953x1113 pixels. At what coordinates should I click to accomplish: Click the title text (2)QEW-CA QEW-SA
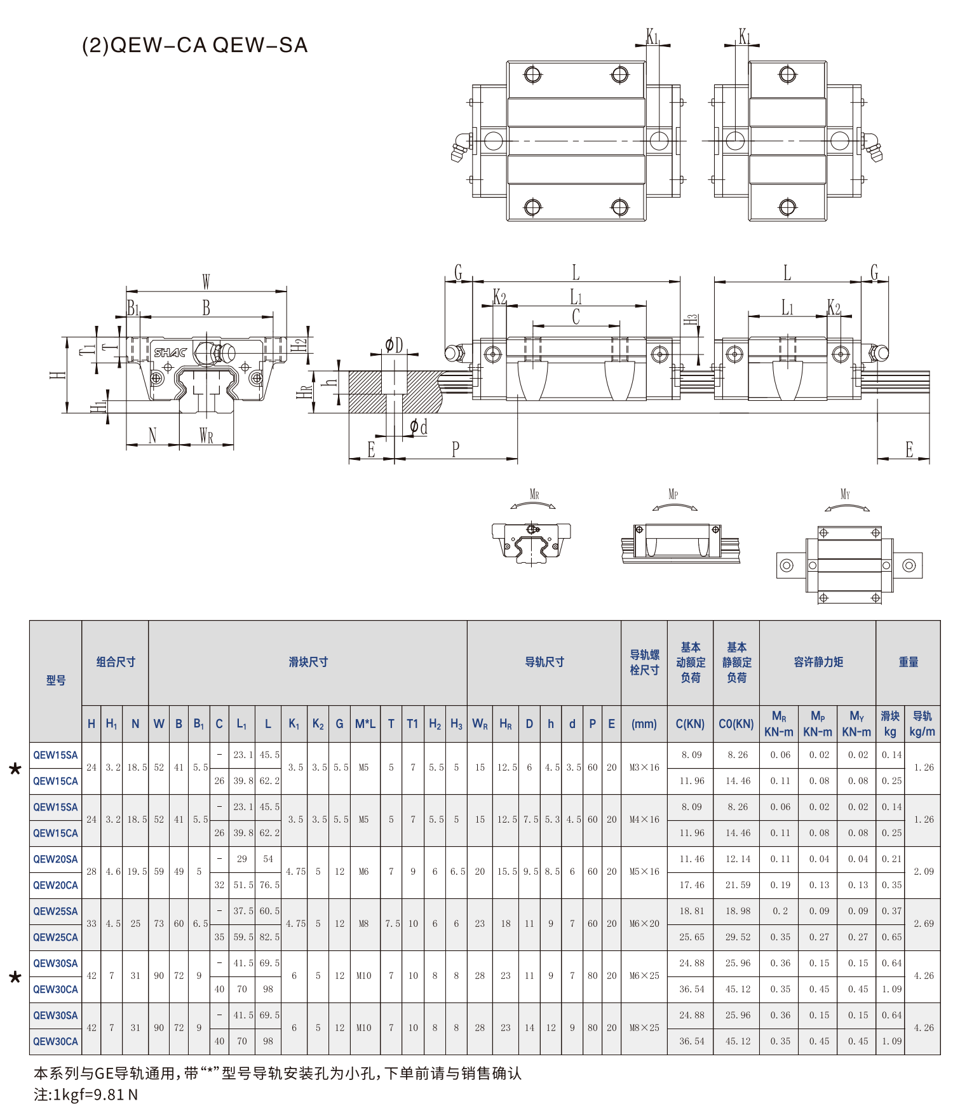click(x=195, y=45)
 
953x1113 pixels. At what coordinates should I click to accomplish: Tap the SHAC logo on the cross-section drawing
click(x=170, y=353)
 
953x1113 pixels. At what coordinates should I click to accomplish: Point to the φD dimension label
click(x=394, y=345)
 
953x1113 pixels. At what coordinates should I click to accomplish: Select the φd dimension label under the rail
click(x=419, y=427)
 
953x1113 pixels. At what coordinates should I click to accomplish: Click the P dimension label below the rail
click(x=456, y=450)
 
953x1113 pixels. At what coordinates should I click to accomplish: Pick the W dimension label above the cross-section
click(x=206, y=281)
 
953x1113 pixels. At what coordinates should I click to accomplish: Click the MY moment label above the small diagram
click(x=845, y=494)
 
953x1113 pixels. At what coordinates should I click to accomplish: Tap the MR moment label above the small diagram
click(x=534, y=494)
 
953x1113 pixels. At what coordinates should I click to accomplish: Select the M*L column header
click(x=365, y=724)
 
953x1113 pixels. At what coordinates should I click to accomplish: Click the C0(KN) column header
click(x=736, y=724)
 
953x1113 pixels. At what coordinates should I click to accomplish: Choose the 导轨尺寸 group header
click(x=544, y=662)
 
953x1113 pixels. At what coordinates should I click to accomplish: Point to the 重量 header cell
click(x=909, y=662)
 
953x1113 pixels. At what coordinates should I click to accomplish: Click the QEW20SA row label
click(x=56, y=859)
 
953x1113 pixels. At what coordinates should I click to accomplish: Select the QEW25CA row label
click(x=56, y=937)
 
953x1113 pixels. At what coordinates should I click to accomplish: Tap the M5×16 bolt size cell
click(x=644, y=872)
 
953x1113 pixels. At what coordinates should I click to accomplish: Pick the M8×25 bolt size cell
click(x=644, y=1028)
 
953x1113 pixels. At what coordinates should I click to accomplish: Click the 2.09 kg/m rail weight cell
click(x=924, y=872)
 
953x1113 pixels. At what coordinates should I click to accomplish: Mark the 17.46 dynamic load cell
click(x=691, y=885)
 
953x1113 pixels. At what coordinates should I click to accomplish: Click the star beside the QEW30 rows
click(x=15, y=977)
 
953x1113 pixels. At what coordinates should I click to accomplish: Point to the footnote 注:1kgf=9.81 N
click(x=86, y=1095)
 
